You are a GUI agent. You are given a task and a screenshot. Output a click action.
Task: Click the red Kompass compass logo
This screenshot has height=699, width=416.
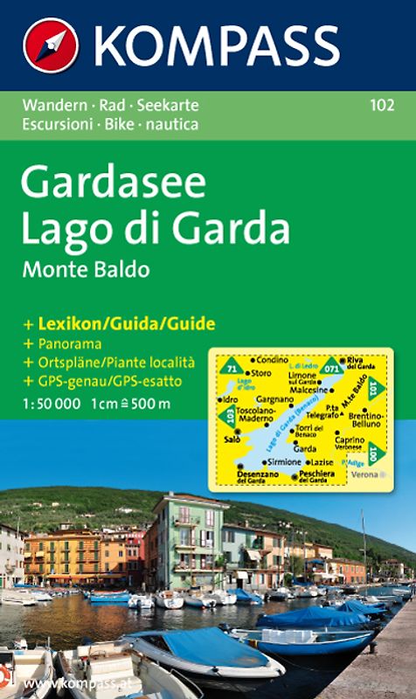(51, 45)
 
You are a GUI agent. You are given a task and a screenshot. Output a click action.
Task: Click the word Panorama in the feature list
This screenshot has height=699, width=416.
(69, 343)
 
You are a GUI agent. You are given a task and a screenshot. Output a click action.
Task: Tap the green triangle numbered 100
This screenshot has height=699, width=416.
(375, 454)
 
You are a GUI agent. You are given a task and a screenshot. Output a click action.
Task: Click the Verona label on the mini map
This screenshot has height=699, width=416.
(366, 474)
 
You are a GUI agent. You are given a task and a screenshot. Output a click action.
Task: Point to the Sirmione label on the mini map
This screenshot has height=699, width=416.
(285, 460)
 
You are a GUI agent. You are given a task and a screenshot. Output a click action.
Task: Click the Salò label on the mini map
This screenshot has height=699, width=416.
(232, 439)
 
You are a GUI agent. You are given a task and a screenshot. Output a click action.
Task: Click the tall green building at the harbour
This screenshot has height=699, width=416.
(187, 542)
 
